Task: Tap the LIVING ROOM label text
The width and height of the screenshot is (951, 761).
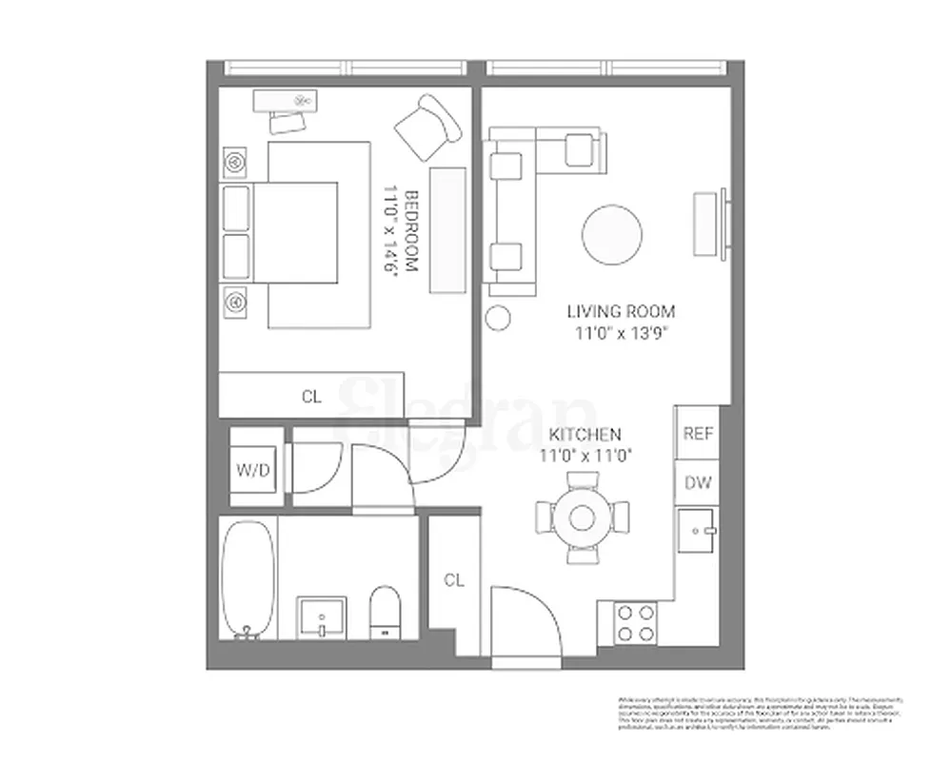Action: pyautogui.click(x=621, y=311)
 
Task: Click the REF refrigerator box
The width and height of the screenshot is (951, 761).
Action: pyautogui.click(x=698, y=433)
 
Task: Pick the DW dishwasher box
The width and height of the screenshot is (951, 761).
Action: pyautogui.click(x=698, y=483)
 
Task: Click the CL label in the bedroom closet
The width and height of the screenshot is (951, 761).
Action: pyautogui.click(x=311, y=397)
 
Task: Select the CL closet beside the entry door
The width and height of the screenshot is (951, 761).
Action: pyautogui.click(x=454, y=580)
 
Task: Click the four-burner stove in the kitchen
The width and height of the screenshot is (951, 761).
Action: pyautogui.click(x=635, y=623)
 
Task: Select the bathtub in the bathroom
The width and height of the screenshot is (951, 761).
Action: pyautogui.click(x=248, y=578)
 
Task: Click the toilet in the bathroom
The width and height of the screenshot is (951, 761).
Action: pyautogui.click(x=386, y=610)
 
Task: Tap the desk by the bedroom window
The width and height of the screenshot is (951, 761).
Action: pyautogui.click(x=286, y=99)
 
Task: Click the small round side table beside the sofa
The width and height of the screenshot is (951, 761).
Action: pyautogui.click(x=497, y=317)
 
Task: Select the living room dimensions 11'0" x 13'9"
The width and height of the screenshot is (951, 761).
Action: pyautogui.click(x=621, y=333)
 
